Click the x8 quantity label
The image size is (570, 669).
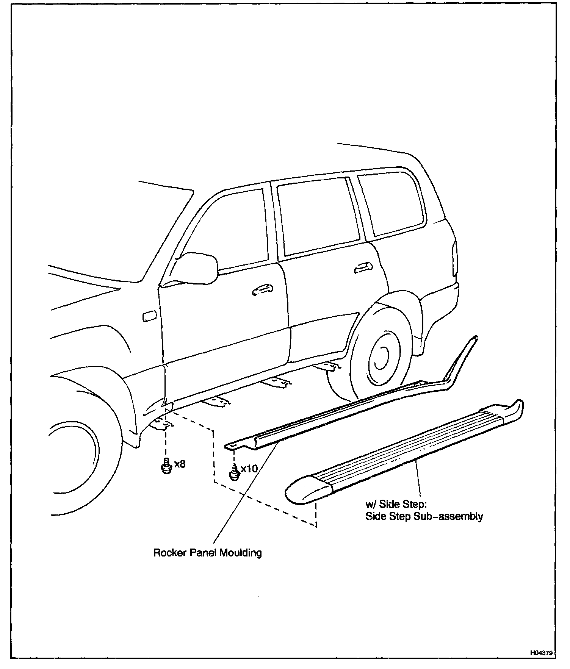(180, 464)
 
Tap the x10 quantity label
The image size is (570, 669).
(249, 469)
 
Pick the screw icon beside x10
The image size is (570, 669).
(234, 472)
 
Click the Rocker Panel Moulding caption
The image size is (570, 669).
(207, 553)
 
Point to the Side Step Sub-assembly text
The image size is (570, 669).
(424, 516)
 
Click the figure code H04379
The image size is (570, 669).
(542, 653)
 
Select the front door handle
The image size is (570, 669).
(262, 290)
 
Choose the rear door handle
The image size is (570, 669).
(363, 268)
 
